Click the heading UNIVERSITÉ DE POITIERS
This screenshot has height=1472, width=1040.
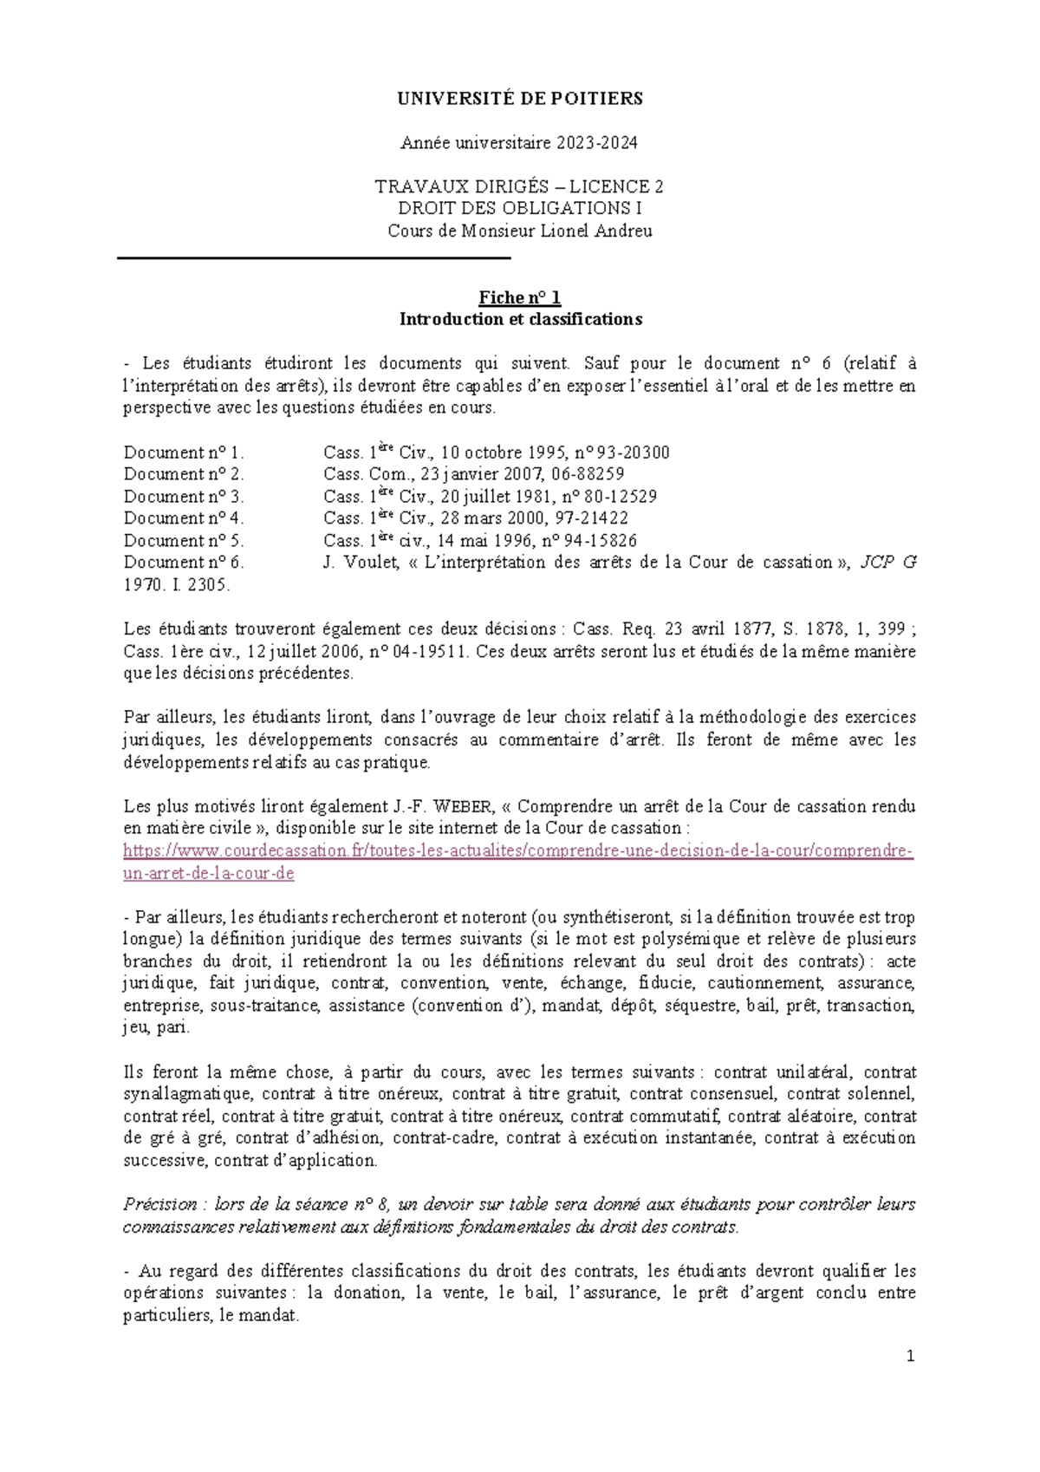tap(520, 99)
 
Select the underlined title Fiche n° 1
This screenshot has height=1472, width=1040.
tap(520, 298)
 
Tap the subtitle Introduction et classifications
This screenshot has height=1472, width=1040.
tap(520, 319)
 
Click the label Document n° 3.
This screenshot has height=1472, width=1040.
tap(184, 497)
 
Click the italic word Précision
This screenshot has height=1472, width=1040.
tap(159, 1205)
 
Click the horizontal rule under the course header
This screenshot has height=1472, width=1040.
tap(314, 258)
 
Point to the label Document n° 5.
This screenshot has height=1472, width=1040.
tap(184, 540)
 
